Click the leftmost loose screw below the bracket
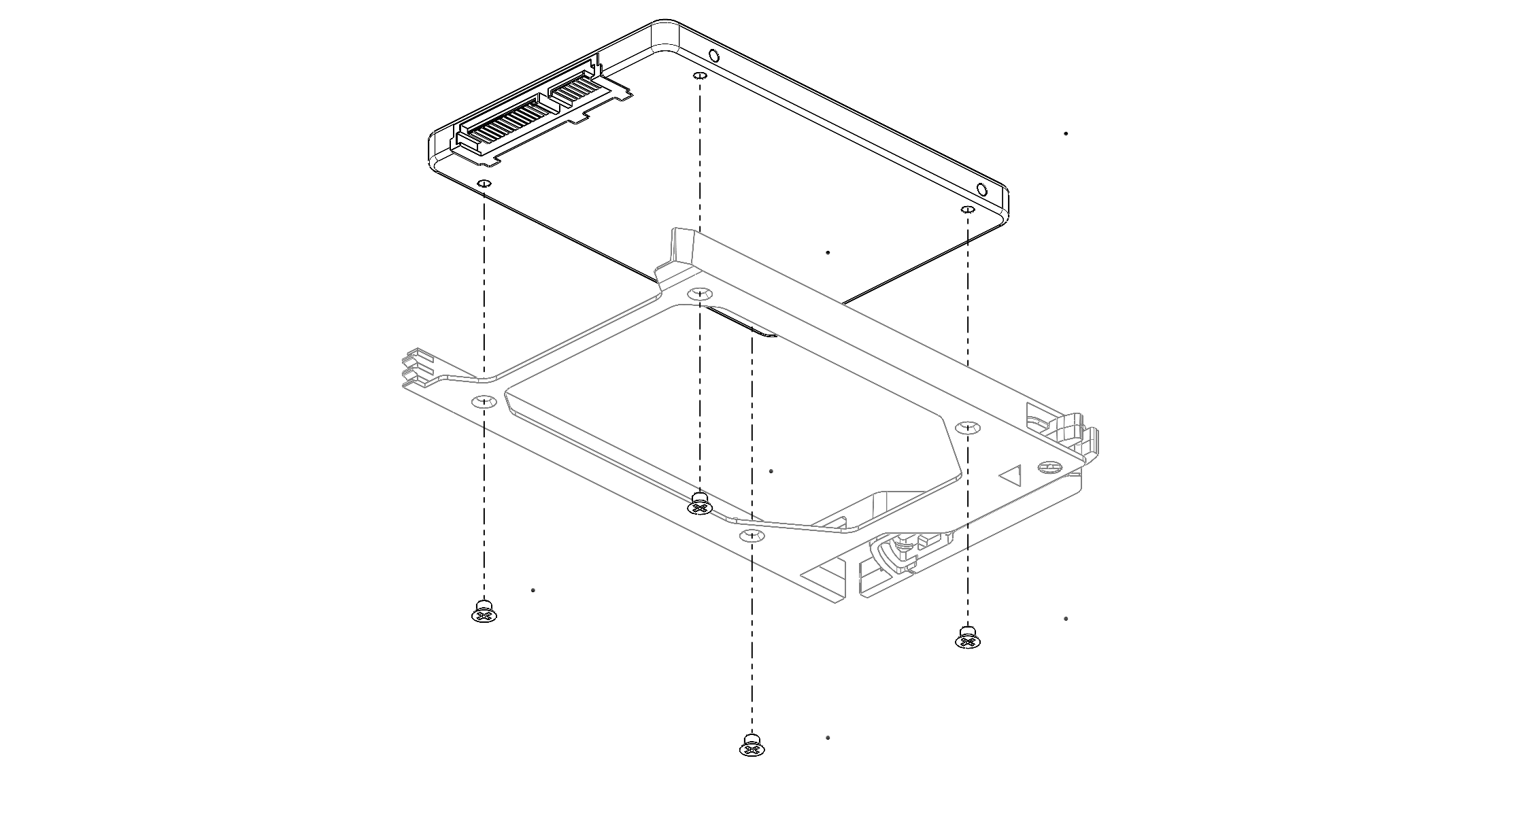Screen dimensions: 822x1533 (484, 612)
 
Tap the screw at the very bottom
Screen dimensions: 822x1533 (752, 745)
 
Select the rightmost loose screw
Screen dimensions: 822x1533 (968, 637)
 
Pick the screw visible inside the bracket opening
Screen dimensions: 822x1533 (700, 503)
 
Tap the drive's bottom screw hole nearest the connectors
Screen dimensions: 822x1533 (484, 184)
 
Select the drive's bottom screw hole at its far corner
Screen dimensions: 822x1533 (700, 75)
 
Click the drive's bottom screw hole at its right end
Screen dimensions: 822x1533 (967, 207)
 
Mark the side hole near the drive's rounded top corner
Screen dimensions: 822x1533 (712, 55)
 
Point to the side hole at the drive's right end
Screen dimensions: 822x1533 (981, 189)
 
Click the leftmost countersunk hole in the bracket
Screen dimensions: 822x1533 (484, 400)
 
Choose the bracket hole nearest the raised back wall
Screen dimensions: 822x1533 (700, 294)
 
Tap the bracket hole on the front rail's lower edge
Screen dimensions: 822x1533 (752, 534)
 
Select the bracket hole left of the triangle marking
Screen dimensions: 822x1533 (967, 427)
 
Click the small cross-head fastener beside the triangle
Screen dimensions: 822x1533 (1049, 467)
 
